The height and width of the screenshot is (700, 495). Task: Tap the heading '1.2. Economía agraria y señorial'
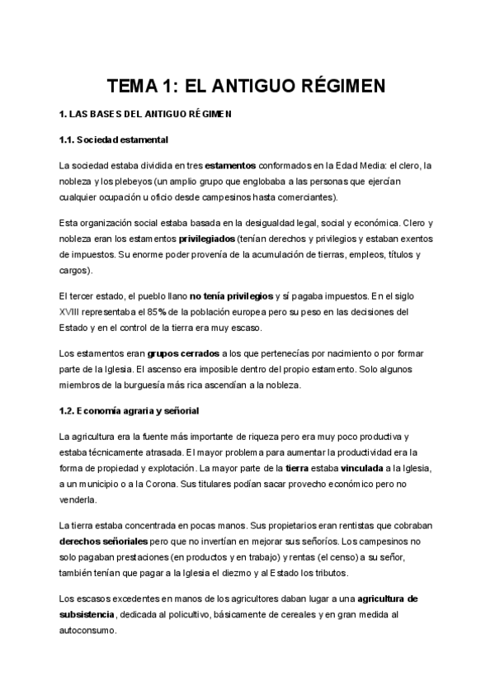coord(130,410)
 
